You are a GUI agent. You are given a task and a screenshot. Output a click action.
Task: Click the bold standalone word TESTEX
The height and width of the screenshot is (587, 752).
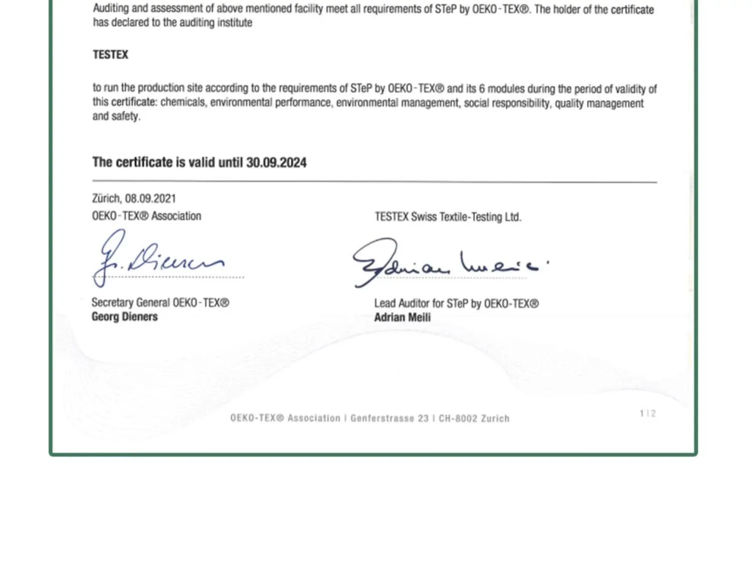110,55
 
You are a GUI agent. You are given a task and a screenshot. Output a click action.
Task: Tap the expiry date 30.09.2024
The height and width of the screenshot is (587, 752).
276,162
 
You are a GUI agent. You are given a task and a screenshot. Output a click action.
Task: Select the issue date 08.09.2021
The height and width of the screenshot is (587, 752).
150,199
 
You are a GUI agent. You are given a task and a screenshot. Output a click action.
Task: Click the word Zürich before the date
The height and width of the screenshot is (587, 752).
106,199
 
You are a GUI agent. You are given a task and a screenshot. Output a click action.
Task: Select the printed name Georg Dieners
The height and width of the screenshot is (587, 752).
124,317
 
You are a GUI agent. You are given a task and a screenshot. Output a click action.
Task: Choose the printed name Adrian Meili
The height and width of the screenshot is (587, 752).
402,317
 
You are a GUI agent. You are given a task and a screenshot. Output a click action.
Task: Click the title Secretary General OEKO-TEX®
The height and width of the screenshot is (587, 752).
160,303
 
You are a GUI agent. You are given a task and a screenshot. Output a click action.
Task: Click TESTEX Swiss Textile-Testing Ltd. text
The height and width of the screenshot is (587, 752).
448,217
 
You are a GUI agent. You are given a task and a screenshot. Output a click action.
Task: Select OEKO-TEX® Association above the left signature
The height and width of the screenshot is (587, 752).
146,216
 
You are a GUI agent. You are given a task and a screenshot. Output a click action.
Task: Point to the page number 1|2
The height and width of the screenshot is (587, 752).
648,414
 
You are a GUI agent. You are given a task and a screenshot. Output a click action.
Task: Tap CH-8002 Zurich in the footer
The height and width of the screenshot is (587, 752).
474,419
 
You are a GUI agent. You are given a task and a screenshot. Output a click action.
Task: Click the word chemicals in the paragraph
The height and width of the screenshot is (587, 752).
183,103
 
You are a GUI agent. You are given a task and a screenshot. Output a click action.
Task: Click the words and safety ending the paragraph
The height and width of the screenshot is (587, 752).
116,116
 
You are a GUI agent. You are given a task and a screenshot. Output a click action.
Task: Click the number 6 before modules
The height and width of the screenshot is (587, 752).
482,89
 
